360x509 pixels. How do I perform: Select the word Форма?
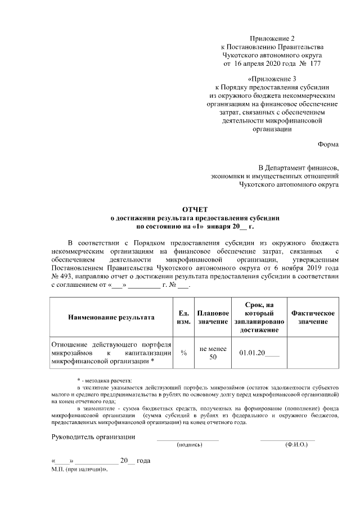click(x=328, y=144)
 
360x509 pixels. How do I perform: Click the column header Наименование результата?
click(x=111, y=317)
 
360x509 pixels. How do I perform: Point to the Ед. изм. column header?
click(x=182, y=317)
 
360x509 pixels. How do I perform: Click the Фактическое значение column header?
click(x=313, y=317)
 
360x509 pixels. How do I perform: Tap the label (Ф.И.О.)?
click(x=296, y=445)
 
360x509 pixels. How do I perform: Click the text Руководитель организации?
click(x=93, y=437)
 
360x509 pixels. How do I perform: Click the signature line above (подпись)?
click(x=188, y=439)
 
